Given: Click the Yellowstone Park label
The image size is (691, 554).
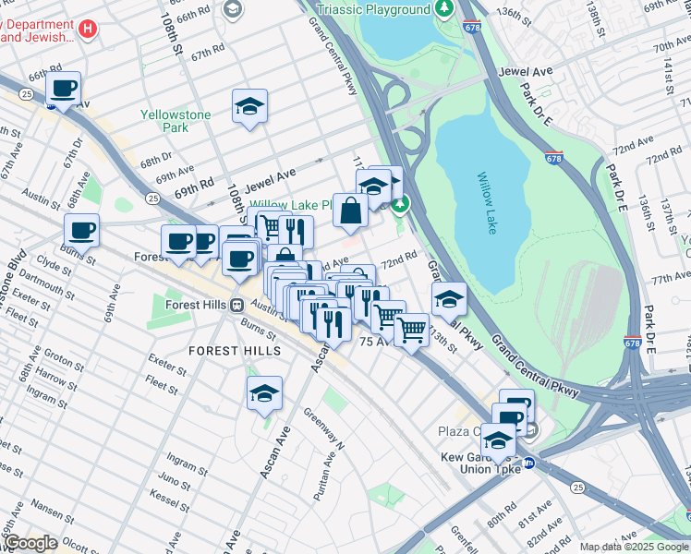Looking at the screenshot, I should click(176, 121).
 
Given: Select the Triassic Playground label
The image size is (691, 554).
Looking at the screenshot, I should click(372, 9).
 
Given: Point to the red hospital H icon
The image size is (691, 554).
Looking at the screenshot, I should click(87, 29).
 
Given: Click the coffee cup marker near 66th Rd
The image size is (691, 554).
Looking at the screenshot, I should click(64, 90).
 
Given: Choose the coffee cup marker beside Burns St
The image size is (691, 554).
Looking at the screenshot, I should click(81, 230).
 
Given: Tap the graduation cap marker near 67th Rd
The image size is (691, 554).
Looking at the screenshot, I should click(249, 106).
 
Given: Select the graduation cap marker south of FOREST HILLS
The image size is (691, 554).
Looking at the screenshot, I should click(264, 393).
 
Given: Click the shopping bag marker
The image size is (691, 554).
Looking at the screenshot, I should click(351, 211).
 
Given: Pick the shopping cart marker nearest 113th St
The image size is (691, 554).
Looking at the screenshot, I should click(411, 329).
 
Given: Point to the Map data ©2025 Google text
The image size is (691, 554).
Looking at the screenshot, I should click(633, 547).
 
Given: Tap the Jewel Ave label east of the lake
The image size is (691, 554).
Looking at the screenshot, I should click(525, 70).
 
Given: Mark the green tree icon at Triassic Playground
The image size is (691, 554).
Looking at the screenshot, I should click(444, 9).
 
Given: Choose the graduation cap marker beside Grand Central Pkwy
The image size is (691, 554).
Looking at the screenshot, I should click(449, 299).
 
